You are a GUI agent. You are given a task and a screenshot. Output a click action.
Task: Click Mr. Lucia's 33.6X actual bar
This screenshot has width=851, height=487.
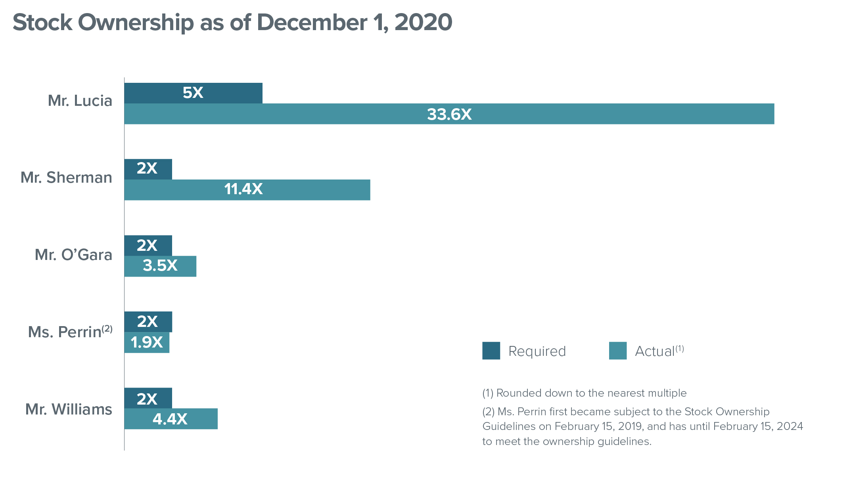click(449, 114)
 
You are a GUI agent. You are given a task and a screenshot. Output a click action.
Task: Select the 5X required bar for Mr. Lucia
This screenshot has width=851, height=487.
click(193, 93)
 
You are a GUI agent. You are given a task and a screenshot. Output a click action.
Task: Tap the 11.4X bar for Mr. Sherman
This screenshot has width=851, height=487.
click(247, 190)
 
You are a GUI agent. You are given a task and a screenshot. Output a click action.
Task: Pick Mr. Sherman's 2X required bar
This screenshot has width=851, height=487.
click(148, 169)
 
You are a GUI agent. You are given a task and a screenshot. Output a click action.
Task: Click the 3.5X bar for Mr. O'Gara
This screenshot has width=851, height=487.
click(160, 266)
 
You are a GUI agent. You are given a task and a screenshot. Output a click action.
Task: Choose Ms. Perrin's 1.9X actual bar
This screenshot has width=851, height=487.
click(147, 342)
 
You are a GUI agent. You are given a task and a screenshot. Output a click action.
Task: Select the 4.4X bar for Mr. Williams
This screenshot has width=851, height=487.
click(171, 419)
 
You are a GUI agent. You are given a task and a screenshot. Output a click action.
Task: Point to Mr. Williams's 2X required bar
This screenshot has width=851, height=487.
click(148, 398)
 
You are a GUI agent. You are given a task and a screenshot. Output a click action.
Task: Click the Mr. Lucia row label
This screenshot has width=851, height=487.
click(80, 101)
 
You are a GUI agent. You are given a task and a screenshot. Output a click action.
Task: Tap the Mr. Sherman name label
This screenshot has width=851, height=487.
click(66, 178)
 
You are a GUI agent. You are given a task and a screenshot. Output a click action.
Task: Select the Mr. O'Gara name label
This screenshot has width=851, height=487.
click(73, 255)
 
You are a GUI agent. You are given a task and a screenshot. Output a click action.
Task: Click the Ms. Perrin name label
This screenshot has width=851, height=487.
click(65, 332)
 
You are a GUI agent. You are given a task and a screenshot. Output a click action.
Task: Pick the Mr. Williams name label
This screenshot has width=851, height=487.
click(69, 409)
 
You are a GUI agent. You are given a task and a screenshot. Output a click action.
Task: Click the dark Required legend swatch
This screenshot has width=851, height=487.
click(491, 351)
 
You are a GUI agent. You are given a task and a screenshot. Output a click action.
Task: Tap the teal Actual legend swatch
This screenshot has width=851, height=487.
click(618, 351)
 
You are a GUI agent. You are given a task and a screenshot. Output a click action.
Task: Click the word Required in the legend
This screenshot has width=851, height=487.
click(537, 351)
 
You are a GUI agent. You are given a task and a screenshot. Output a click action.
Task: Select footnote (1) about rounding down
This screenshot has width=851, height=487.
click(584, 393)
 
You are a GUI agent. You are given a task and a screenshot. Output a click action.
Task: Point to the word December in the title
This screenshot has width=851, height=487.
click(312, 23)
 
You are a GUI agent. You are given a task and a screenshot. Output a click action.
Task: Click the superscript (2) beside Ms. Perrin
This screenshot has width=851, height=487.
click(107, 329)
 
